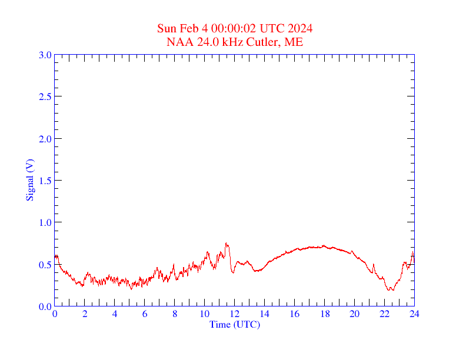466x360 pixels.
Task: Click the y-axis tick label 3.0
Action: (x=45, y=55)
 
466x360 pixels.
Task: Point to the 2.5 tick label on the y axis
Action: (x=45, y=96)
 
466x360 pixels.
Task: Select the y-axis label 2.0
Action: (x=45, y=139)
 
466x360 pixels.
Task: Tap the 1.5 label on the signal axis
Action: (x=45, y=181)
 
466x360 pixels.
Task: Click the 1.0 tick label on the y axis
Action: (x=45, y=222)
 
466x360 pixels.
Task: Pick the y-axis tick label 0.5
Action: (x=45, y=265)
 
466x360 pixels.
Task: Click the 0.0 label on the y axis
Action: (x=45, y=306)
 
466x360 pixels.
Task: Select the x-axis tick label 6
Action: (x=145, y=314)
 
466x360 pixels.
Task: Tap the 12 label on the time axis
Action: (x=234, y=314)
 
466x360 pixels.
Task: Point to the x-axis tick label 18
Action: (x=324, y=314)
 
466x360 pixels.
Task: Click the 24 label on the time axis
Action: (x=414, y=314)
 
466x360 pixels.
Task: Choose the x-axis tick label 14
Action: (x=264, y=314)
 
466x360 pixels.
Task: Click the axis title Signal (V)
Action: (x=29, y=180)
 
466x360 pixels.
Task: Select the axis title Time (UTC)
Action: (x=234, y=324)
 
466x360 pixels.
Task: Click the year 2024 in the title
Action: (x=300, y=28)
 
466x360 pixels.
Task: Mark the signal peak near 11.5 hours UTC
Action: (x=226, y=243)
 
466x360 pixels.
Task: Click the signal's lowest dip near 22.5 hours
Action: (x=390, y=290)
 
